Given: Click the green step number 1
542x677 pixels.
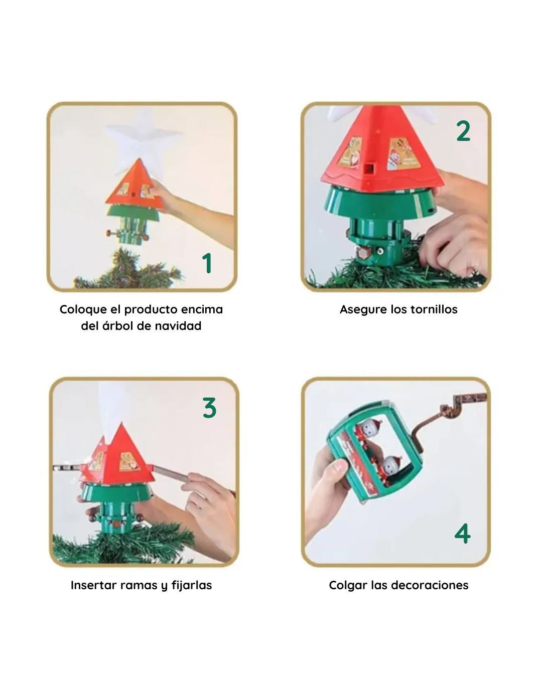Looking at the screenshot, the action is click(207, 263).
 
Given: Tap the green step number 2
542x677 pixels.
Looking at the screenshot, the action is click(463, 131).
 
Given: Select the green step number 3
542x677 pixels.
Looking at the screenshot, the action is click(209, 408).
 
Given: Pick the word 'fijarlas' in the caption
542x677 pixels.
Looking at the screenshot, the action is click(192, 586).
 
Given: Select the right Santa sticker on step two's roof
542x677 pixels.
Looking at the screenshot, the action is click(404, 154).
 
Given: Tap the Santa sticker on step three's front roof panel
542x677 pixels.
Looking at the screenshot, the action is click(129, 462).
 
